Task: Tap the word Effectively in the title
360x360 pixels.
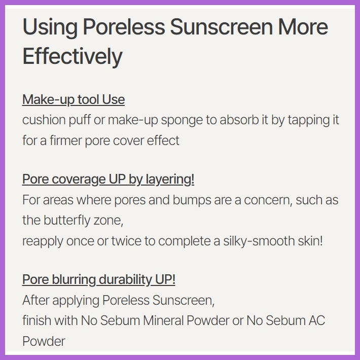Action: (x=73, y=56)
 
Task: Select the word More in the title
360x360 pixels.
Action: (x=303, y=27)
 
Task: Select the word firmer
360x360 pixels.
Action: (x=66, y=140)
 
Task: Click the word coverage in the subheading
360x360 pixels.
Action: (x=79, y=179)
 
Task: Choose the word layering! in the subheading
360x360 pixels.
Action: (x=170, y=179)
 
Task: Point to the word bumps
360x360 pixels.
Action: (x=192, y=200)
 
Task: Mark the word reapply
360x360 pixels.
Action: (x=43, y=241)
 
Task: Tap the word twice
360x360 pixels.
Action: (x=126, y=241)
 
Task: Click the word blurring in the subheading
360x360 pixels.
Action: (x=74, y=280)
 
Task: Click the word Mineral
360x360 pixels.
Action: (x=163, y=320)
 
